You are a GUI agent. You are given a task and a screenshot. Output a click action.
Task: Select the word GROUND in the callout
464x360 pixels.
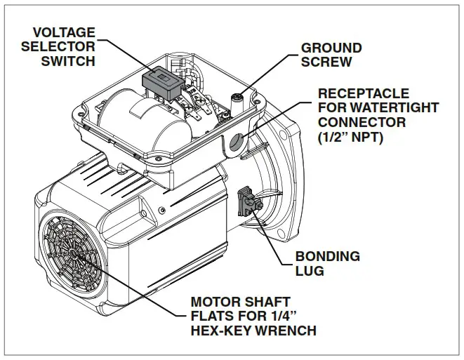coord(331,48)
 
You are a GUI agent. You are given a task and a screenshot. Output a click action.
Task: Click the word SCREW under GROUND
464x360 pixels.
coord(327,62)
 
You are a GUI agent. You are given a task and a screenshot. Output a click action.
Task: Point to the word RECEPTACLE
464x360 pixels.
coord(363,94)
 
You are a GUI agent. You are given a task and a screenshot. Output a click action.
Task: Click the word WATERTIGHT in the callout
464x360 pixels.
coord(390,108)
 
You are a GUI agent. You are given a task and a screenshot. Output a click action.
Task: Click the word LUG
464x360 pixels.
coord(310,271)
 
